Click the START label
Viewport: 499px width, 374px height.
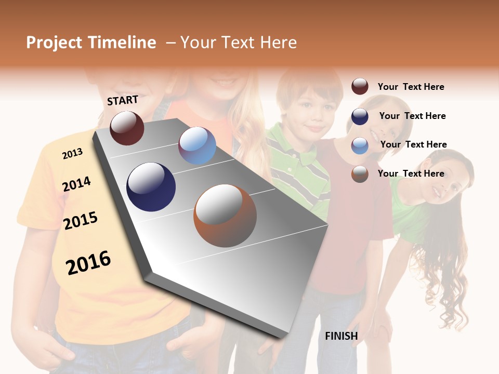[123, 100]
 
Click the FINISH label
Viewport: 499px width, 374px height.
[341, 336]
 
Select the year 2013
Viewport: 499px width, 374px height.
[72, 154]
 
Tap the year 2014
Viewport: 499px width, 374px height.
[76, 184]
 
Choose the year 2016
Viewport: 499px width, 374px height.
[88, 263]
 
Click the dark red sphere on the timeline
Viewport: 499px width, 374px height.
[127, 128]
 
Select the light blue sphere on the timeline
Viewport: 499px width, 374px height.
[197, 145]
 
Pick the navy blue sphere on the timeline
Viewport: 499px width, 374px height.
[151, 187]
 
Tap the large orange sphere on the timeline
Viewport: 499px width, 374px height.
[225, 216]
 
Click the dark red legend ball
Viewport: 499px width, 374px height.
[360, 86]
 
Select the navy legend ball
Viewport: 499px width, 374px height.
[360, 116]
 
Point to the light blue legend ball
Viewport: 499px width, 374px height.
[360, 145]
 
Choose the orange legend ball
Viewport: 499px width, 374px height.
[360, 174]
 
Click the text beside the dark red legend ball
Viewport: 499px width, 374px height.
[411, 87]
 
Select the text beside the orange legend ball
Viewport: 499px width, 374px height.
[411, 173]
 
